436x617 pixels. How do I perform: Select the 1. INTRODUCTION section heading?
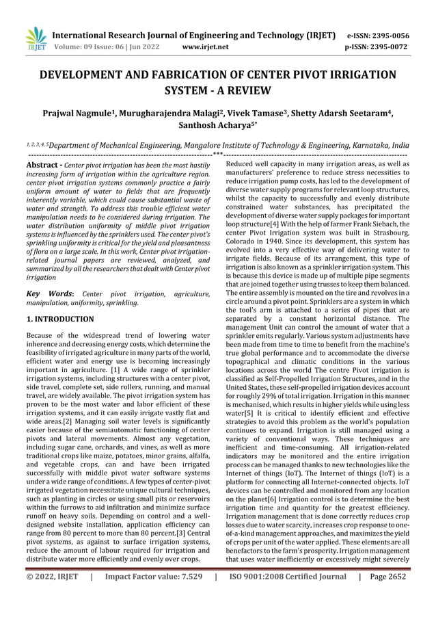60,319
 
